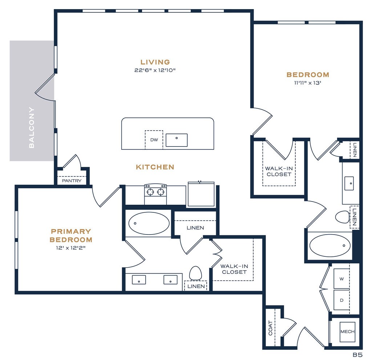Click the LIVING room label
(x=155, y=62)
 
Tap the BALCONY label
(x=32, y=128)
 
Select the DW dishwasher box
(x=154, y=140)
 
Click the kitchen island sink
(x=177, y=140)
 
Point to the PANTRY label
(x=72, y=181)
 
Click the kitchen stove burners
(x=155, y=192)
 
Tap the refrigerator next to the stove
(x=201, y=194)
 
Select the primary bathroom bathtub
(x=149, y=223)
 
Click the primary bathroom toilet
(x=195, y=273)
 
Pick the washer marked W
(x=341, y=279)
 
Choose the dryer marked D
(x=341, y=300)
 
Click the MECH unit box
(x=348, y=332)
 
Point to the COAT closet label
(x=270, y=328)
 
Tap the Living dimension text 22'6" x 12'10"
(x=155, y=70)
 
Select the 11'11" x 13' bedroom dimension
(x=308, y=83)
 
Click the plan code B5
(x=357, y=355)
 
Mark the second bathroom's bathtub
(x=330, y=246)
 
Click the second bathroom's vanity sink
(x=349, y=183)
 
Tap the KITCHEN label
(x=155, y=167)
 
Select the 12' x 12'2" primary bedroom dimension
(x=71, y=248)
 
